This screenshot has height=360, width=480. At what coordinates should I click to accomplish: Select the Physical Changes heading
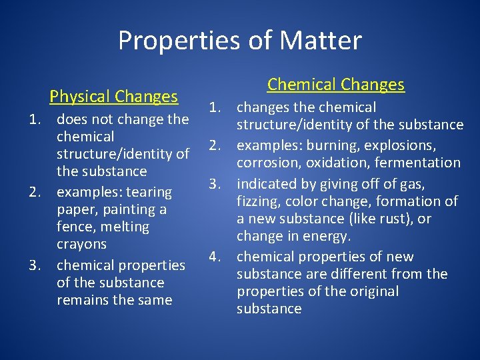click(113, 97)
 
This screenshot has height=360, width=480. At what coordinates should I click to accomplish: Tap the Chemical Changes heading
click(336, 85)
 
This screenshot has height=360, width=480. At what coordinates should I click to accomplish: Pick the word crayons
click(81, 244)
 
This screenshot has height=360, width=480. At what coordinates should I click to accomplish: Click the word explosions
click(399, 145)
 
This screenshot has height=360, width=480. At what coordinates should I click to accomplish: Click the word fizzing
click(259, 201)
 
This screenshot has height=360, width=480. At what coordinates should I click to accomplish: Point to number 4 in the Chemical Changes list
click(214, 257)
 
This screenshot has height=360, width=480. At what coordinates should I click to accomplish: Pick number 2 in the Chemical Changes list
click(214, 145)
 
